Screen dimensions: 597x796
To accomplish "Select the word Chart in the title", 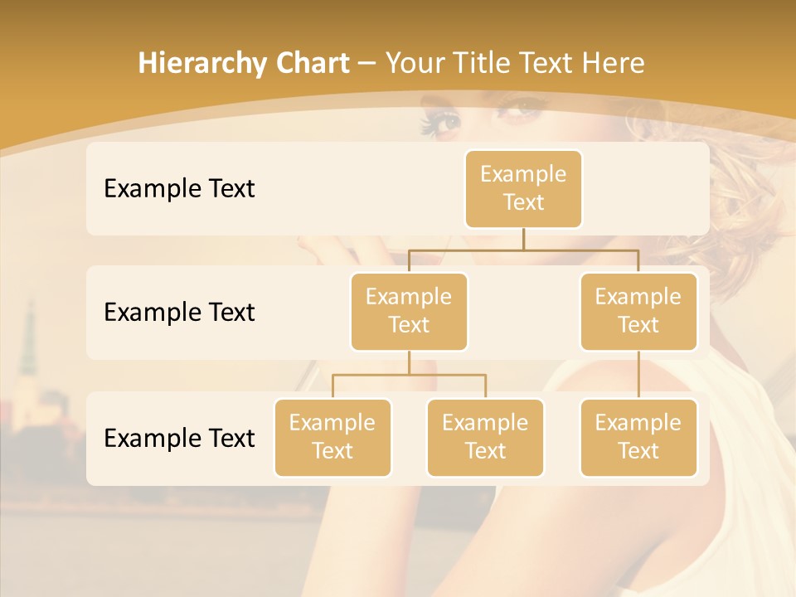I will point(310,64).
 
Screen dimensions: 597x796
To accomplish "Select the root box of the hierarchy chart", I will point(523,188).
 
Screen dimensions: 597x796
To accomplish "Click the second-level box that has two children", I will point(409,311).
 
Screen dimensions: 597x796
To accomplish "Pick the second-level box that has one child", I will point(638,311).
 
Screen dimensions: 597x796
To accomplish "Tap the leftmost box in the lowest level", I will point(332,437).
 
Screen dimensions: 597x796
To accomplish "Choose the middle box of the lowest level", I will point(485,437).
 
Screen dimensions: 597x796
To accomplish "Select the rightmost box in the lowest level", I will point(638,437).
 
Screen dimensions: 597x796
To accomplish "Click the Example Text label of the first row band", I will point(179,189).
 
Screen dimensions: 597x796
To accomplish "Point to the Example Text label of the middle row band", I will point(179,313).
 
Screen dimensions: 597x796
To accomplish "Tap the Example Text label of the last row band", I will point(179,439).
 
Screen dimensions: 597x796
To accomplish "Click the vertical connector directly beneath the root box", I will point(523,239).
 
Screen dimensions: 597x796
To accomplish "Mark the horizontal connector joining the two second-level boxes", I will point(523,250).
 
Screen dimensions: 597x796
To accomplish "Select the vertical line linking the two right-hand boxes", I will point(638,375).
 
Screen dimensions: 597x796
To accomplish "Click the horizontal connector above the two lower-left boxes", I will point(409,375).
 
